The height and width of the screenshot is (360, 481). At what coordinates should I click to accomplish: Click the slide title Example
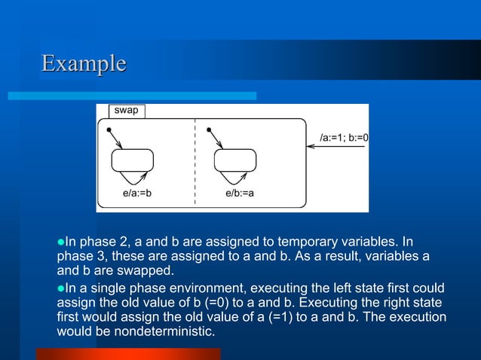[84, 63]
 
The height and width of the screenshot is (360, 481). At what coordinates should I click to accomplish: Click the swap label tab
[127, 111]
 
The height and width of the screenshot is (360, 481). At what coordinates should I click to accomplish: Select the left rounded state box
[132, 160]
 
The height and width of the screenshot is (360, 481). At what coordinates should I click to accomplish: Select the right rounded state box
[235, 160]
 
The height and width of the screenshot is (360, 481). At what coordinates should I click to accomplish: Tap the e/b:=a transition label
[240, 193]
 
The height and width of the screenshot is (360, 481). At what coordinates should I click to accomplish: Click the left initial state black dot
[109, 130]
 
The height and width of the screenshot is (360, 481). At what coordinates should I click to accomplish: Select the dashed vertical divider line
[195, 162]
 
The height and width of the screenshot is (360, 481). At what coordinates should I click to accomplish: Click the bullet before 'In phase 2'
[61, 243]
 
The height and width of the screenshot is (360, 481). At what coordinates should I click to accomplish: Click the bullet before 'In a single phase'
[61, 288]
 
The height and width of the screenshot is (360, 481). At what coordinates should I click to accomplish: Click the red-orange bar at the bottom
[127, 354]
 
